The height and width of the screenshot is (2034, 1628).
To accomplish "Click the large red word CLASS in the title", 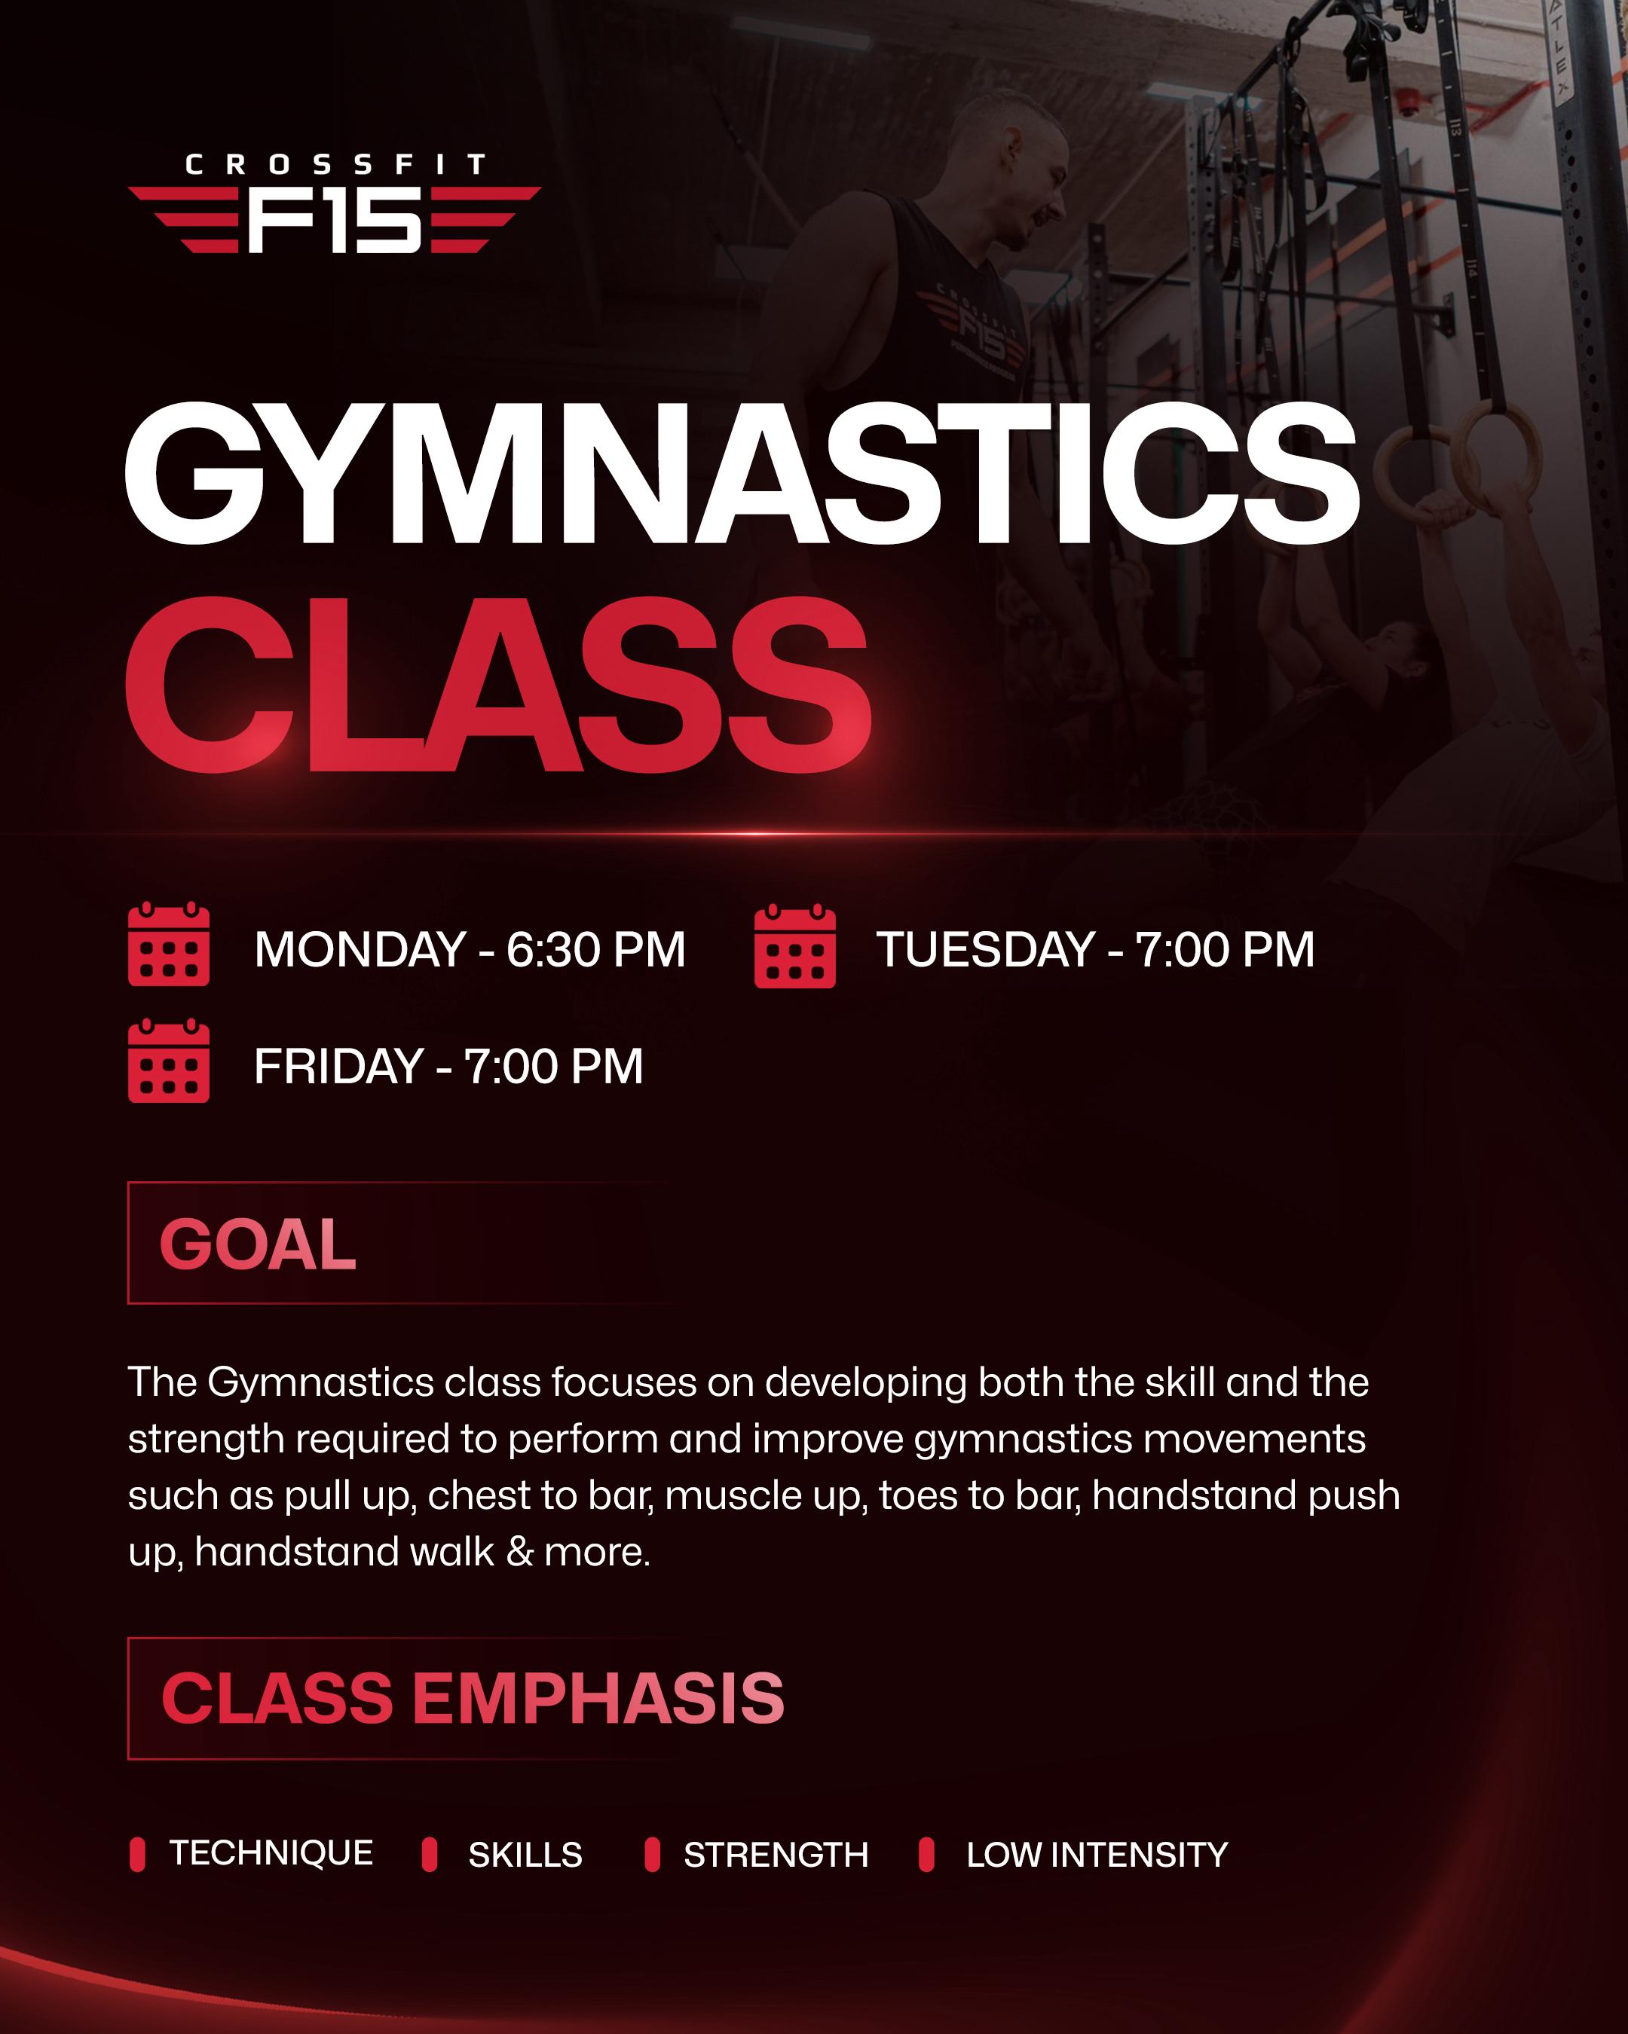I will coord(497,686).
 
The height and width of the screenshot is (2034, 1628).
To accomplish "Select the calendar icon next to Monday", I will coord(169,945).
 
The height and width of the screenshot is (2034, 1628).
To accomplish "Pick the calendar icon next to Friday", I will coord(169,1061).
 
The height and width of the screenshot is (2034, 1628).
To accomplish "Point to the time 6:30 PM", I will coord(595,950).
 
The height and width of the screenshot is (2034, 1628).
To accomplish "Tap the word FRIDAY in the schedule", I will coord(338,1067).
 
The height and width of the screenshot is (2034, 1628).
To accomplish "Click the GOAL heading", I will coord(258,1245).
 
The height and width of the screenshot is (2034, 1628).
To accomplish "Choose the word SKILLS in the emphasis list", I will coord(525,1855).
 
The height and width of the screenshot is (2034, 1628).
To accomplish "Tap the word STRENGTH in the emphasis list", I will coord(776,1855).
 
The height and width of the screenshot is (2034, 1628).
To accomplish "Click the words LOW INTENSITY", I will coord(1097,1855).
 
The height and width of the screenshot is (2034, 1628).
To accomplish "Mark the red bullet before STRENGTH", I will coord(652,1854).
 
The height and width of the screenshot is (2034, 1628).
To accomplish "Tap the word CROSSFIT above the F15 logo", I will coord(335,165).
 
